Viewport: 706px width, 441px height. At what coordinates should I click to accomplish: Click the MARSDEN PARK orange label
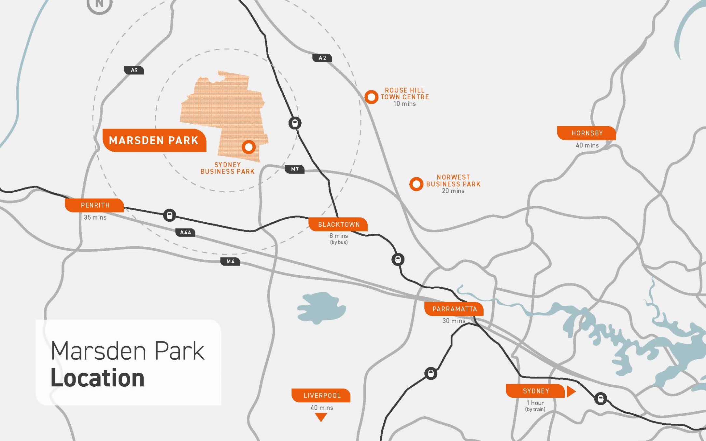pyautogui.click(x=154, y=140)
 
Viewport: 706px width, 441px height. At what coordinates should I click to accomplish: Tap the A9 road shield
pyautogui.click(x=134, y=70)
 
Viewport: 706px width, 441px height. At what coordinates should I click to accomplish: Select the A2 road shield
pyautogui.click(x=322, y=58)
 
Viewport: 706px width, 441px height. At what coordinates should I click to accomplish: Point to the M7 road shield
pyautogui.click(x=295, y=169)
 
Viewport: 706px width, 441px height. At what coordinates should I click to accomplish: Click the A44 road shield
pyautogui.click(x=185, y=232)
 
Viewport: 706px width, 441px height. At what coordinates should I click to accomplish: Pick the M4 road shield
pyautogui.click(x=230, y=261)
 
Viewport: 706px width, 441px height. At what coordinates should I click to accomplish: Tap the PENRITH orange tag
pyautogui.click(x=95, y=205)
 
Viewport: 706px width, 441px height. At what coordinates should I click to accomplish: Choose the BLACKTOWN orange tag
pyautogui.click(x=338, y=225)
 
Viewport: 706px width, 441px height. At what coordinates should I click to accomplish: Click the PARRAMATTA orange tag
pyautogui.click(x=454, y=309)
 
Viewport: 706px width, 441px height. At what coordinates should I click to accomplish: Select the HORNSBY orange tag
pyautogui.click(x=587, y=133)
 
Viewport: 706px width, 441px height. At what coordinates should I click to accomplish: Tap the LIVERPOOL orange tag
pyautogui.click(x=321, y=395)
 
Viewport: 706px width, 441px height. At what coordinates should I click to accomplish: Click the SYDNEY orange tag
pyautogui.click(x=535, y=391)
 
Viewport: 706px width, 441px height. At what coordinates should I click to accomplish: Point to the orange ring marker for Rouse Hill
pyautogui.click(x=371, y=97)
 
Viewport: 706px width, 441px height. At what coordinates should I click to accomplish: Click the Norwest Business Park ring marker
pyautogui.click(x=416, y=184)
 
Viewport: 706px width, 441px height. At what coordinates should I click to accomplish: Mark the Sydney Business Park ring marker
pyautogui.click(x=249, y=147)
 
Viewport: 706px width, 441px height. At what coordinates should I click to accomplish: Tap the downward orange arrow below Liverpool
pyautogui.click(x=321, y=417)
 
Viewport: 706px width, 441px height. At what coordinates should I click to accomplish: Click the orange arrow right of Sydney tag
pyautogui.click(x=571, y=391)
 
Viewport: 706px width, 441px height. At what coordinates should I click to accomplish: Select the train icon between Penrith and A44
pyautogui.click(x=169, y=215)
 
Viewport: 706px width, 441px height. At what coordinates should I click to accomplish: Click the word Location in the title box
pyautogui.click(x=97, y=378)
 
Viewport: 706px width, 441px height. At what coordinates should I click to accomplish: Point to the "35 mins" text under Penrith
pyautogui.click(x=95, y=217)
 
